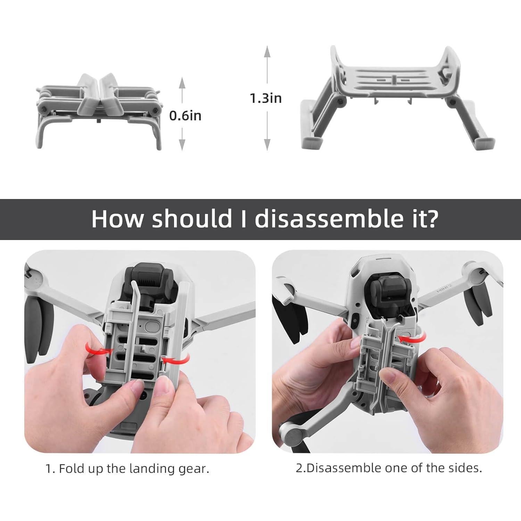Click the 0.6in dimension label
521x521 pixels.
click(185, 115)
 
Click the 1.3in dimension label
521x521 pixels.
click(266, 98)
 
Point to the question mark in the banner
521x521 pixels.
click(431, 219)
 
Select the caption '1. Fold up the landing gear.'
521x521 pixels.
click(127, 469)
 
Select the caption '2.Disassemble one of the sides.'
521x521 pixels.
click(389, 468)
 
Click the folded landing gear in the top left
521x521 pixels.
click(99, 111)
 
